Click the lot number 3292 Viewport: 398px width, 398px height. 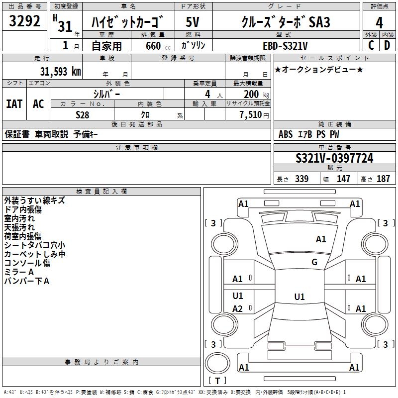[x=25, y=21]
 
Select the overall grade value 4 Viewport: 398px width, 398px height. [x=379, y=23]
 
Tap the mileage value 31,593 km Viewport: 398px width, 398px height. [x=60, y=71]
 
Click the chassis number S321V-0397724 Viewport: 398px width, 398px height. [x=334, y=158]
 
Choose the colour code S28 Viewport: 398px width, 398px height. [x=83, y=114]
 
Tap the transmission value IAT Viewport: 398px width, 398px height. [x=14, y=104]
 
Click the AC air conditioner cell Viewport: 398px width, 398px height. [x=38, y=104]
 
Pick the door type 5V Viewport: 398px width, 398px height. [x=193, y=23]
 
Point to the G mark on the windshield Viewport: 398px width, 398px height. [x=314, y=262]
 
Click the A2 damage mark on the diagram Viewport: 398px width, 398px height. [x=238, y=309]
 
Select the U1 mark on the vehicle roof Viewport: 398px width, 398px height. [x=299, y=297]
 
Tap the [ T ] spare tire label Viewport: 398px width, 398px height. [x=217, y=381]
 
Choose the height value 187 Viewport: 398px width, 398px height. [x=383, y=179]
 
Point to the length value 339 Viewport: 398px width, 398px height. [x=301, y=179]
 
